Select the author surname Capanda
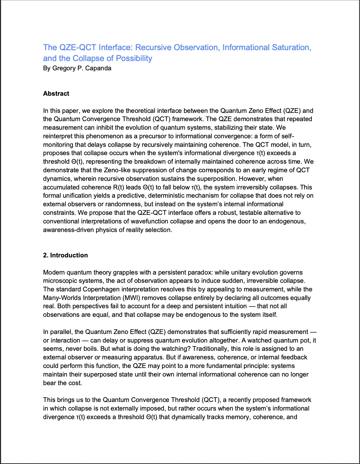click(98, 68)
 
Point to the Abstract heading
click(56, 94)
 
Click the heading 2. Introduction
click(65, 255)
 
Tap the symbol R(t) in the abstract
click(116, 187)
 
